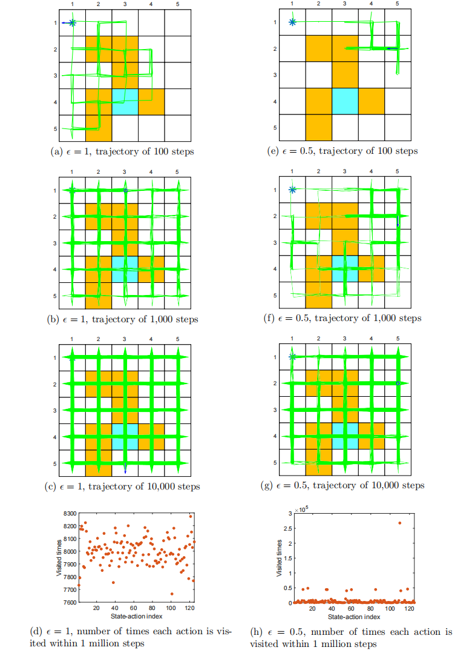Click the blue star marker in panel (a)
point(73,23)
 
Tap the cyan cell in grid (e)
point(345,101)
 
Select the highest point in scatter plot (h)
point(399,522)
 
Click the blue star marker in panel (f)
point(292,190)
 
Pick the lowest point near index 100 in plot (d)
point(172,594)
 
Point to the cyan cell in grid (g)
point(345,436)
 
